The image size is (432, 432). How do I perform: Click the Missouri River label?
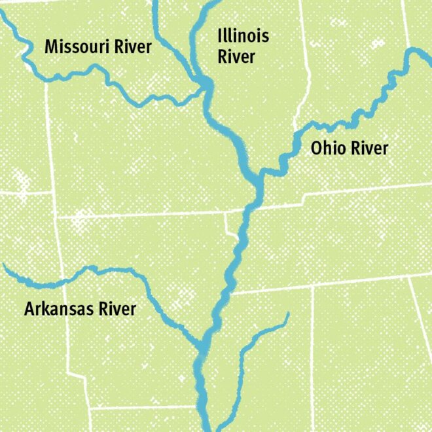coord(98,47)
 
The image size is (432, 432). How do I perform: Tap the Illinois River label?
coord(243,46)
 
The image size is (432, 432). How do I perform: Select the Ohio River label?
coord(349,149)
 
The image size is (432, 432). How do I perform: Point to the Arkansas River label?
coord(80,309)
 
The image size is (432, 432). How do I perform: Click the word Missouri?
coord(75,47)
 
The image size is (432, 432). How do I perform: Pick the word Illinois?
coord(243,36)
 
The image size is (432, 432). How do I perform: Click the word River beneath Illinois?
coord(236,57)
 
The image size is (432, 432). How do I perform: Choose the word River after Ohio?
coord(369,149)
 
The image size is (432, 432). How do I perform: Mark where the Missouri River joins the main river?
coord(205,88)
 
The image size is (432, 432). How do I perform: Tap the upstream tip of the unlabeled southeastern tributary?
coord(287,315)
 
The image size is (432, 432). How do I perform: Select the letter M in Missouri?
coord(50,47)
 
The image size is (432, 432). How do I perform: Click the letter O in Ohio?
coord(316,149)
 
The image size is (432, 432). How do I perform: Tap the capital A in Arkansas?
coord(29,309)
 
